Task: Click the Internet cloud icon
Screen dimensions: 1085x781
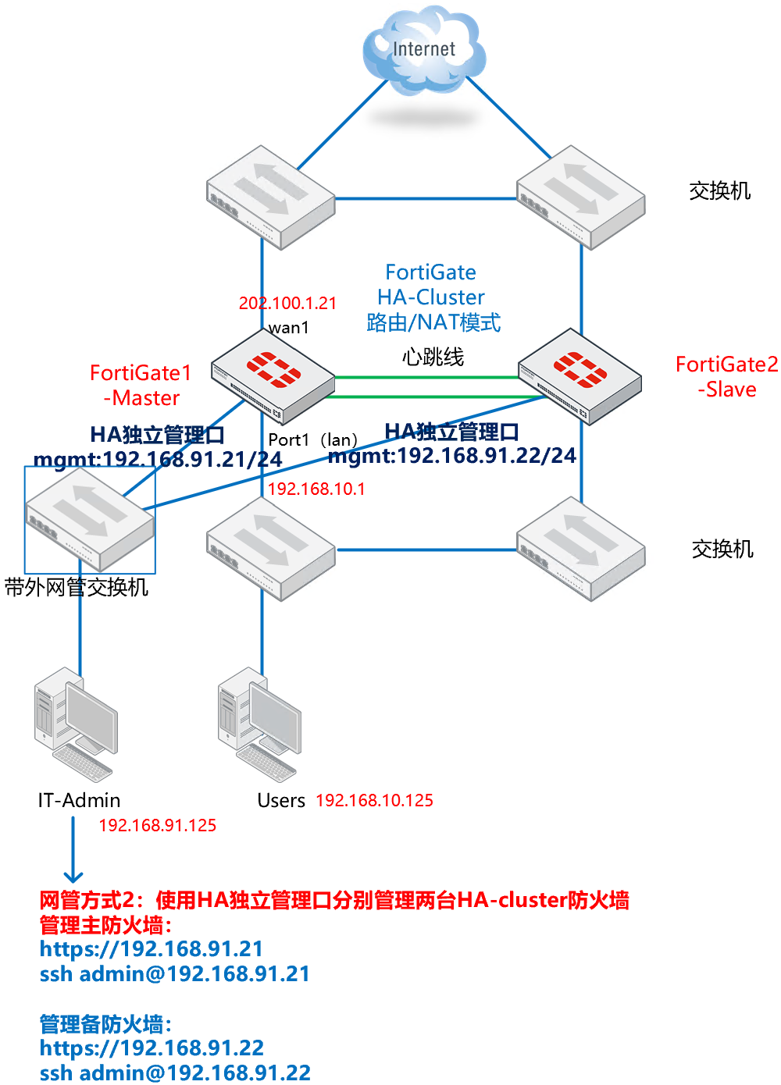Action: click(x=423, y=51)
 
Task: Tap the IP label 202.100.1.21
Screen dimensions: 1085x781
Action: click(x=287, y=303)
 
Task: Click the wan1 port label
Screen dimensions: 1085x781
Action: click(x=289, y=328)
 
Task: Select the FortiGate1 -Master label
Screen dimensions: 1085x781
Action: click(x=141, y=385)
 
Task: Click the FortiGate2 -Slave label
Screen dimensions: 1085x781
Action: click(x=726, y=376)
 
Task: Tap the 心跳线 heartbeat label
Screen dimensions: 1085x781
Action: click(x=433, y=357)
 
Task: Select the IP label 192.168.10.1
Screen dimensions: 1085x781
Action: click(x=316, y=489)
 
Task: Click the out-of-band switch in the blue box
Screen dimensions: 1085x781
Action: click(x=89, y=519)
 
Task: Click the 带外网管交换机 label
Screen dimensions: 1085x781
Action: click(x=77, y=587)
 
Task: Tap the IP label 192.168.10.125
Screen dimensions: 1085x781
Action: click(x=374, y=800)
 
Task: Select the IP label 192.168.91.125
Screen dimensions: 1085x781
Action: click(x=157, y=825)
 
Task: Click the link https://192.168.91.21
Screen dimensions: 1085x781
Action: click(x=152, y=949)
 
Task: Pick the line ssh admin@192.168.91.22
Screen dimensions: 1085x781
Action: click(x=175, y=1073)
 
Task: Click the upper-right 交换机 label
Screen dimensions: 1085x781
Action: click(x=719, y=191)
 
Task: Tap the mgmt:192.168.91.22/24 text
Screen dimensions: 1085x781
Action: click(x=452, y=456)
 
